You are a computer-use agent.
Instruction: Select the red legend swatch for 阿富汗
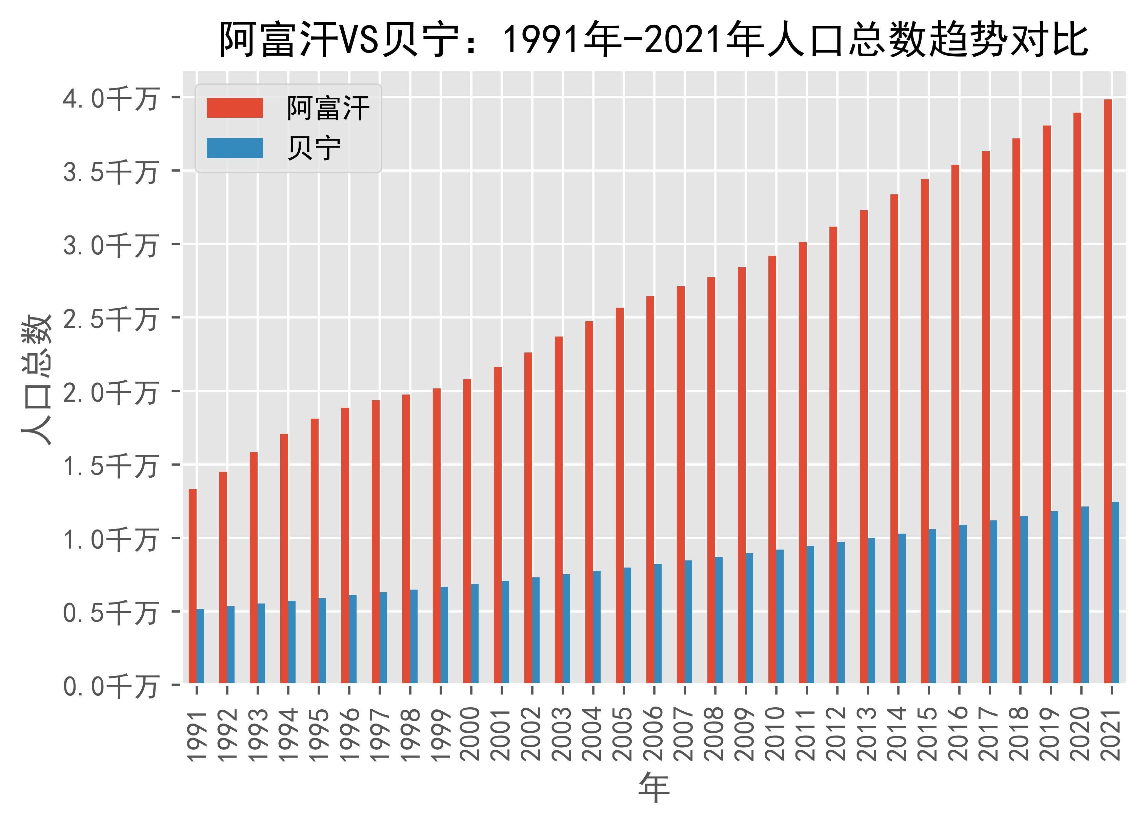coord(235,108)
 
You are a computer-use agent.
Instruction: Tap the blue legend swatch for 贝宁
coord(235,148)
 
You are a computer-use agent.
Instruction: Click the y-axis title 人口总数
coord(36,379)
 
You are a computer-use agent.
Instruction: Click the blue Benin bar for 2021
coord(1115,592)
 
